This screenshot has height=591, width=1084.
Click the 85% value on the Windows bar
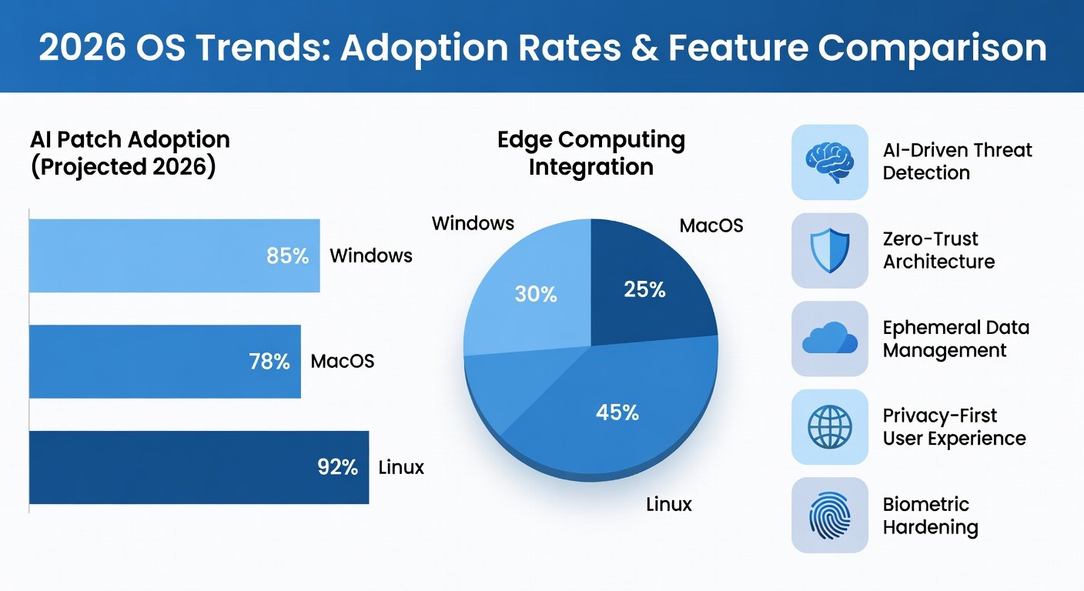coord(287,255)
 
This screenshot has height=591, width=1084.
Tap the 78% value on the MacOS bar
coord(269,362)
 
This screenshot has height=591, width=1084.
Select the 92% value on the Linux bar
coord(338,467)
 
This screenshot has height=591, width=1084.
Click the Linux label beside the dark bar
coord(401,467)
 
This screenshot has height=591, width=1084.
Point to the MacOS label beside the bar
coord(343,361)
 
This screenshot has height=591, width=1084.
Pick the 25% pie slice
coord(648,285)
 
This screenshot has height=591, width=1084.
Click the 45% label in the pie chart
coord(617,412)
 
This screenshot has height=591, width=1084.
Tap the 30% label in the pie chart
coord(536,294)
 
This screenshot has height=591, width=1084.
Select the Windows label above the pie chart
coord(473,223)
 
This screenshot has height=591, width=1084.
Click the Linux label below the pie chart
coord(669,505)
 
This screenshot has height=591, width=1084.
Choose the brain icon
coord(829,162)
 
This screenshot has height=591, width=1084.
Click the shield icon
coord(830,251)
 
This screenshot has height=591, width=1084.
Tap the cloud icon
coord(830,338)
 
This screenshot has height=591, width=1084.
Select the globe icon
coord(830,426)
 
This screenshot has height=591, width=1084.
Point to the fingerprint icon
coord(829,516)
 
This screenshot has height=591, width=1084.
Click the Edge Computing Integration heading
coord(591,153)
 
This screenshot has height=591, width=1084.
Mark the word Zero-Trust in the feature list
coord(930,239)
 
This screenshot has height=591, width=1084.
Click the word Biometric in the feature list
coord(925,505)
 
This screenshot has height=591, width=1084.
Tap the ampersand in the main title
coord(644,48)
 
